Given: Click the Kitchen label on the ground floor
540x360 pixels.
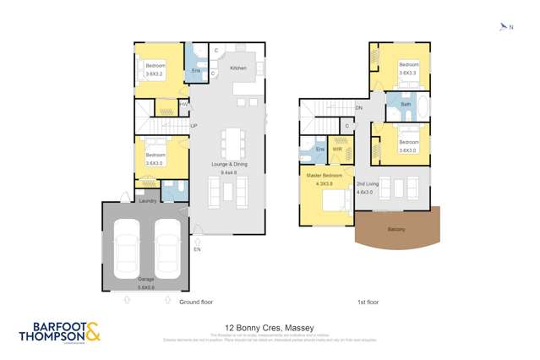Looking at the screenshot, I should (x=238, y=68).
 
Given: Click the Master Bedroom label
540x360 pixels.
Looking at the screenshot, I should (x=325, y=176).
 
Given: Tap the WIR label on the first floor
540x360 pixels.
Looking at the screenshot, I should (x=337, y=150).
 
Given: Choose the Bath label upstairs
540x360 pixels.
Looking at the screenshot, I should (x=406, y=104).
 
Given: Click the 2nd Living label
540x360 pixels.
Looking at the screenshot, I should (x=368, y=183).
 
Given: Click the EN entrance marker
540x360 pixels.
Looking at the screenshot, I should (x=198, y=249).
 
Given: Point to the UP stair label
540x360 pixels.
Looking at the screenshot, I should (x=193, y=126).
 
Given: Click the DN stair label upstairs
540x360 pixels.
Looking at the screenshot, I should (x=358, y=108).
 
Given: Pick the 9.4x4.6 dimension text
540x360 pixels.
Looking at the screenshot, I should (x=229, y=172).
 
